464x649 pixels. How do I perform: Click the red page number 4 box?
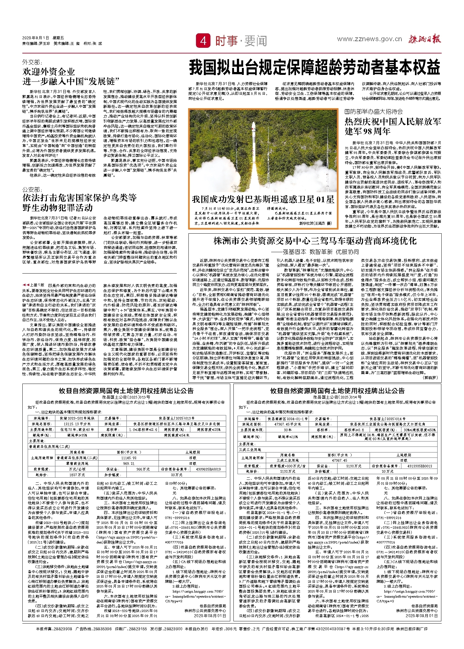(x=203, y=41)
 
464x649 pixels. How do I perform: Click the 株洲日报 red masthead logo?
(x=425, y=39)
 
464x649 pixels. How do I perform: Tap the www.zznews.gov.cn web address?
(x=369, y=39)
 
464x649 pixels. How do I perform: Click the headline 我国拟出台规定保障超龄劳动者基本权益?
(x=315, y=68)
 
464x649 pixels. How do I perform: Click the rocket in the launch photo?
(x=253, y=138)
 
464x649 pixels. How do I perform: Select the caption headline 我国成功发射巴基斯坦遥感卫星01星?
(x=263, y=199)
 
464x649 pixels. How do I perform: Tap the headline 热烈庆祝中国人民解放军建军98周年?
(x=393, y=126)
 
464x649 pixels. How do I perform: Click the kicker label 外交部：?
(x=32, y=63)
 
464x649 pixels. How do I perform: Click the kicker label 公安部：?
(x=32, y=189)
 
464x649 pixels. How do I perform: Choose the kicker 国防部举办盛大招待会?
(x=373, y=112)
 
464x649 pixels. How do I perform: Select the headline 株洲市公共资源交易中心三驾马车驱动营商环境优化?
(x=315, y=241)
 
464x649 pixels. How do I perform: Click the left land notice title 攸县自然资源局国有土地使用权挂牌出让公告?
(x=126, y=391)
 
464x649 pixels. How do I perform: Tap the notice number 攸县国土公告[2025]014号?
(x=337, y=397)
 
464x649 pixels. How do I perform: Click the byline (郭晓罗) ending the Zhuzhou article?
(x=430, y=377)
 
